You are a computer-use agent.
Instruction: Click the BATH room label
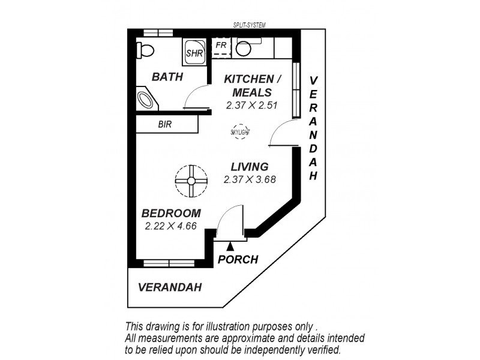point(167,77)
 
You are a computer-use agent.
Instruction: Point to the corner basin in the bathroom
point(146,98)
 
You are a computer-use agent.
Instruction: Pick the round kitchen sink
point(244,49)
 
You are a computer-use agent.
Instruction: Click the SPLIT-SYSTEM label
point(249,25)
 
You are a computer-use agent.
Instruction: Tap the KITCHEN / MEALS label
point(252,86)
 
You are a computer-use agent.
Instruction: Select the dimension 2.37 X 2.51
point(251,104)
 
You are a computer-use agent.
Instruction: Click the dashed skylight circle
point(239,131)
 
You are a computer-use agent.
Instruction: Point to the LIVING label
point(250,167)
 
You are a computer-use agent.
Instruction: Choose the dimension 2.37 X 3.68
point(249,179)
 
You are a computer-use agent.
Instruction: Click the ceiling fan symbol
point(191,180)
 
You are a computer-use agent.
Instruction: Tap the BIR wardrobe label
point(165,124)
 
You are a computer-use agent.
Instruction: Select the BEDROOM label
point(171,214)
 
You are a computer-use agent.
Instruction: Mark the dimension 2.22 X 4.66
point(171,226)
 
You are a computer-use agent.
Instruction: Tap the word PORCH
point(238,260)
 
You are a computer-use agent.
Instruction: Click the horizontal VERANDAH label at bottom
point(170,287)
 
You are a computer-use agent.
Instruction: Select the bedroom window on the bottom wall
point(169,263)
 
